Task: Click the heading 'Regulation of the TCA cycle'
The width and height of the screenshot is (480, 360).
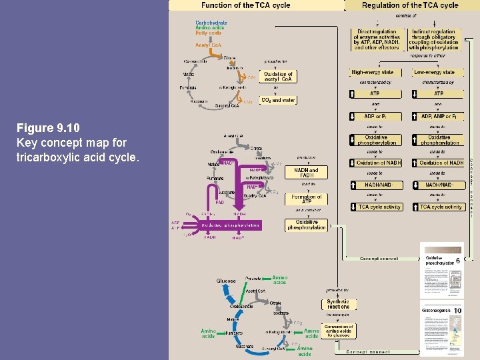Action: (410, 5)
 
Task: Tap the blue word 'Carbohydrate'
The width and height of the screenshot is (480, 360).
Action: (211, 23)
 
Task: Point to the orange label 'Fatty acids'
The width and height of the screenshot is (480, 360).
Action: (208, 32)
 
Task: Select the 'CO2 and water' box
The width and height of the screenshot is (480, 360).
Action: (279, 100)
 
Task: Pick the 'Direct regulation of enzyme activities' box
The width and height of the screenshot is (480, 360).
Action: (377, 39)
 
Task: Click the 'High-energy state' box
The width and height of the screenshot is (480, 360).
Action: (372, 72)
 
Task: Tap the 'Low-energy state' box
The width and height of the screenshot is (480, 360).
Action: (434, 72)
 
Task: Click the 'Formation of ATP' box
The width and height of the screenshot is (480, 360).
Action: (306, 199)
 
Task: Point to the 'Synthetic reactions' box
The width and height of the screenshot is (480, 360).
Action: (339, 304)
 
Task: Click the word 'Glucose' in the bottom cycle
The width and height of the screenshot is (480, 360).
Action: (226, 281)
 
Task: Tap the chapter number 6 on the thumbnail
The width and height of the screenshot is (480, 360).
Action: (458, 261)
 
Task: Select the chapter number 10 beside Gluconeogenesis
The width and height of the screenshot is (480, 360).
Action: (458, 311)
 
